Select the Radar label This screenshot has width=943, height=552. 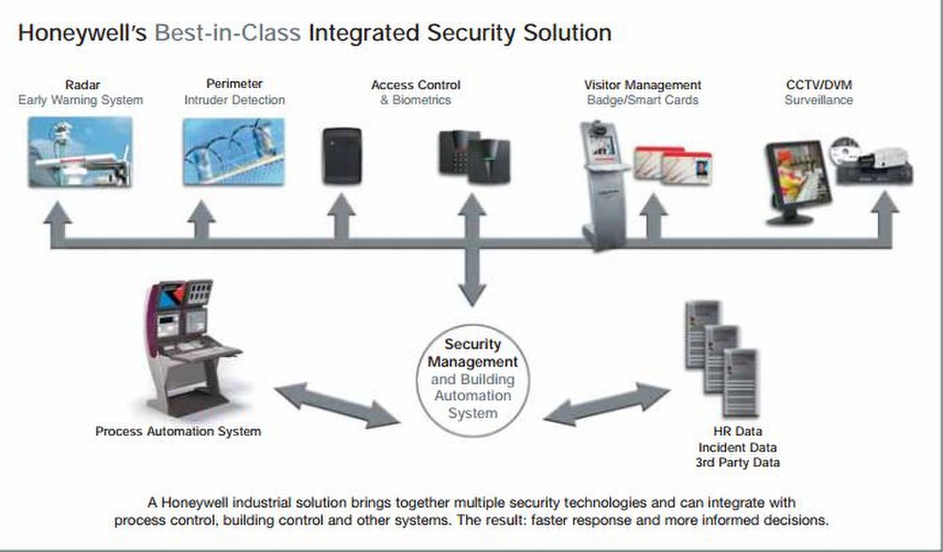81,85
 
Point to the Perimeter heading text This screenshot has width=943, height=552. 234,85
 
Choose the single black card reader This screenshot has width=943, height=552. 342,155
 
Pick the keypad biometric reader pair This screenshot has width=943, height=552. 473,157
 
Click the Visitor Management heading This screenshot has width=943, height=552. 642,85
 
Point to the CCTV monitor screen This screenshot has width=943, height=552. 798,176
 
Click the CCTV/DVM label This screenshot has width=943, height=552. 818,85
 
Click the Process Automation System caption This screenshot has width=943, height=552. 178,431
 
